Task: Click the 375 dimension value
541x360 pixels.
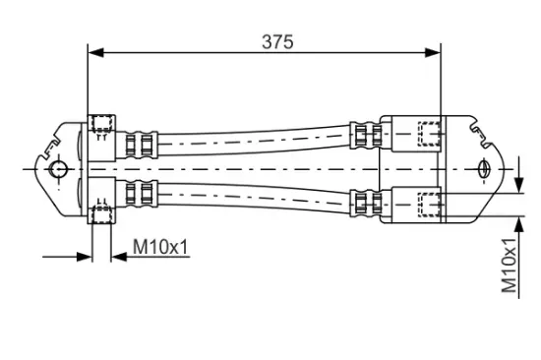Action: point(277,41)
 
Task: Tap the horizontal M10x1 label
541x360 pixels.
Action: point(161,247)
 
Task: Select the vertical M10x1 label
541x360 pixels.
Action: point(510,266)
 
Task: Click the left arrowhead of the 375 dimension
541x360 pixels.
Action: point(96,52)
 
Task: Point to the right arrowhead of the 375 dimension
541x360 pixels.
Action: point(433,52)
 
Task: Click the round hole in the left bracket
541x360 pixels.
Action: point(58,169)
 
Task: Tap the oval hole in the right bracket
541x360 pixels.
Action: point(484,169)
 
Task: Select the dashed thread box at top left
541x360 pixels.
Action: point(101,125)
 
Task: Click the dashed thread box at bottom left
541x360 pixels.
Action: point(101,214)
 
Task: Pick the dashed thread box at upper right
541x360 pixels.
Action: point(430,133)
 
